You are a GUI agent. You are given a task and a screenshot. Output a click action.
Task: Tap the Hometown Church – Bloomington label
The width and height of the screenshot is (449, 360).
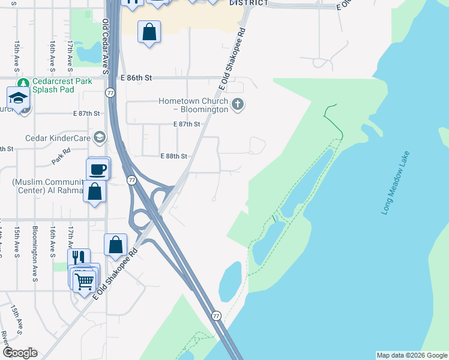[193, 106]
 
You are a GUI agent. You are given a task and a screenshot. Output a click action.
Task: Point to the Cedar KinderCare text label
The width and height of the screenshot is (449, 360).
[58, 138]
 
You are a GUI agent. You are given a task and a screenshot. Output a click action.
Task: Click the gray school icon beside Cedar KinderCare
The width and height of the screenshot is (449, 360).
[99, 138]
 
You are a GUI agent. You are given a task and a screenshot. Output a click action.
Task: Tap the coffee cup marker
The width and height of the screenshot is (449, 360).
[98, 170]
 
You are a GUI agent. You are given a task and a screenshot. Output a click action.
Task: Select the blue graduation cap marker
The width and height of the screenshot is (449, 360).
[19, 98]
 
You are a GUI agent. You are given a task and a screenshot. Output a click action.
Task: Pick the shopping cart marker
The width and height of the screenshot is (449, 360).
[85, 280]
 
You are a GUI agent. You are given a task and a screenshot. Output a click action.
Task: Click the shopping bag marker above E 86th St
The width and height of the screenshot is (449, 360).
[149, 32]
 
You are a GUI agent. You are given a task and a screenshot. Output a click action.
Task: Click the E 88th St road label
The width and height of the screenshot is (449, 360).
[174, 156]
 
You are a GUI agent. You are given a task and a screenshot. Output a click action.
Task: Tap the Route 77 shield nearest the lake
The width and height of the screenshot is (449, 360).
[216, 316]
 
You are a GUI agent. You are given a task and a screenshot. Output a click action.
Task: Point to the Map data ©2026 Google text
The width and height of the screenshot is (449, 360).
[412, 355]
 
